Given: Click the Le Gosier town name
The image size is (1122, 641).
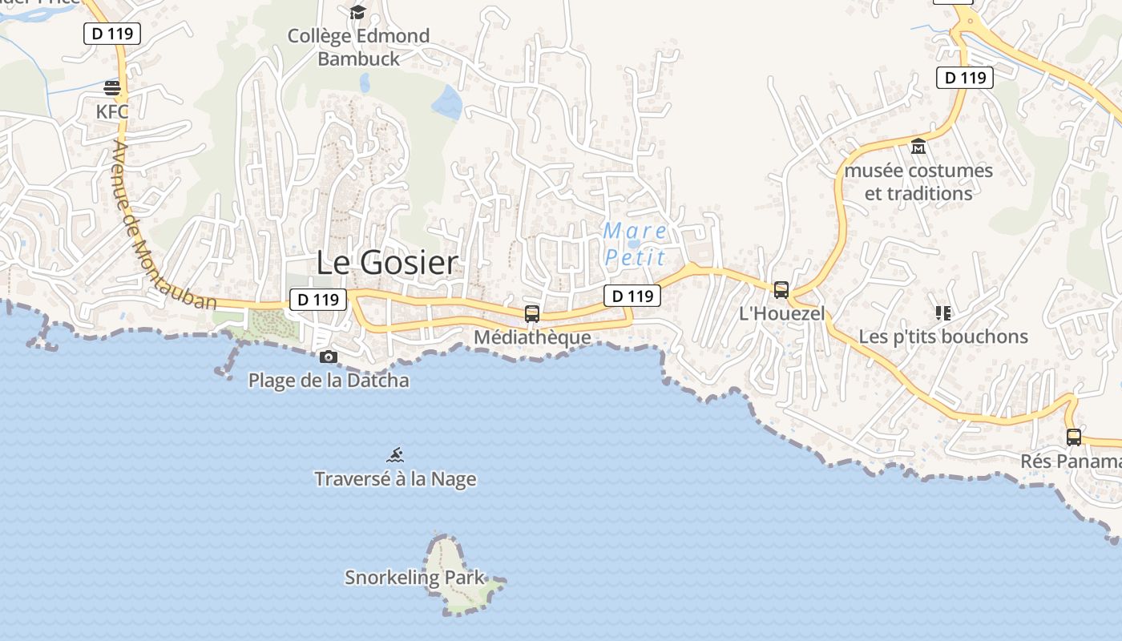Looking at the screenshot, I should (x=387, y=263).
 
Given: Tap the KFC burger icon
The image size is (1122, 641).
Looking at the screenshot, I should (x=112, y=87).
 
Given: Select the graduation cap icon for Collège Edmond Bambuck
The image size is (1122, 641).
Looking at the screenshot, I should (x=357, y=12).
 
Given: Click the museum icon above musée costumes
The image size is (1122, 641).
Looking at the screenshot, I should (x=918, y=147).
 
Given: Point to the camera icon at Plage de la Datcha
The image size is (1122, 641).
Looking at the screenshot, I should (x=328, y=357).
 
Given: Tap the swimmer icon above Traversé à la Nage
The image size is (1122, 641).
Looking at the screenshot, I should (x=395, y=456).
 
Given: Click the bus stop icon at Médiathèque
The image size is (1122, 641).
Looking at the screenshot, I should (x=532, y=314).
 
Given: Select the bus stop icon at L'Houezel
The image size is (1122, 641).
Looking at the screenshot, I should (x=781, y=290).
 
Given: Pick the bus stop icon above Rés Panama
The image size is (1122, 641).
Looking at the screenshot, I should (x=1074, y=437).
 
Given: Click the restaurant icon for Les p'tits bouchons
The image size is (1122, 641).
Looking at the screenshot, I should (x=942, y=312).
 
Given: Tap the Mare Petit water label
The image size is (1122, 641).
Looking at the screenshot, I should (x=635, y=244).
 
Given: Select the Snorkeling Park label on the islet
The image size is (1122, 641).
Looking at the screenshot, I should (x=414, y=577).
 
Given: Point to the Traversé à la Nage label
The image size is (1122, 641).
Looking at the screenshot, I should (x=395, y=479).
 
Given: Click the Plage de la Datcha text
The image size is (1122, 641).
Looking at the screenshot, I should (x=329, y=381).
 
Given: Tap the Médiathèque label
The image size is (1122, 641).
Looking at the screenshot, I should (x=532, y=337).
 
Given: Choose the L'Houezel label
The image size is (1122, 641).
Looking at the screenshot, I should (x=781, y=313).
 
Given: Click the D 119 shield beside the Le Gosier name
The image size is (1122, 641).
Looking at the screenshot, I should (x=318, y=300).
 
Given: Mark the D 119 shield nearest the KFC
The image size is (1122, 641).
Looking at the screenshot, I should (x=112, y=33).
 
